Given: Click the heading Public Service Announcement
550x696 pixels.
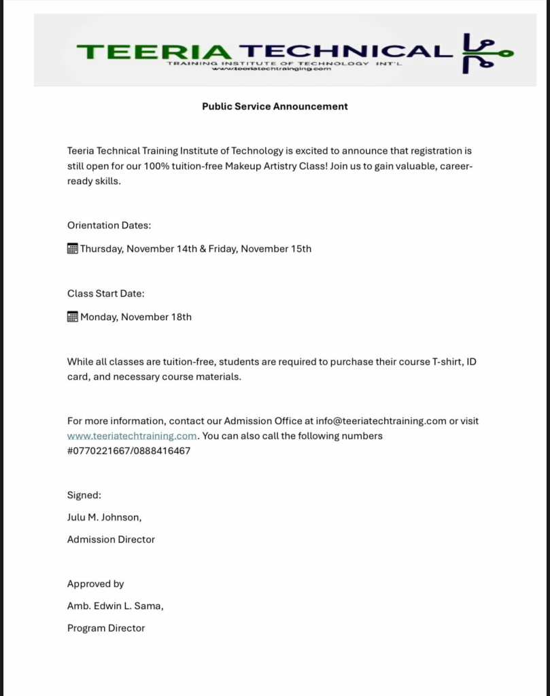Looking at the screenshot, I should (x=275, y=106).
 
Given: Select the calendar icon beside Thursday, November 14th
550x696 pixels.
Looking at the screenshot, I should (x=73, y=249).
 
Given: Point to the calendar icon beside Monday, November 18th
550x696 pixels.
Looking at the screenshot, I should (x=73, y=317).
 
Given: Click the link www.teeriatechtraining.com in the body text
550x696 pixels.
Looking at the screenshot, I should (x=132, y=436).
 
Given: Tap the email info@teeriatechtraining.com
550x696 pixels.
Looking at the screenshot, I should (x=381, y=421).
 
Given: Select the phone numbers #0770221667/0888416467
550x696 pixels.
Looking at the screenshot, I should (x=128, y=451).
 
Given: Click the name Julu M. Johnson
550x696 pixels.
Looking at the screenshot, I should (x=104, y=517).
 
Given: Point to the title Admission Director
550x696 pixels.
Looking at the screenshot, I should (x=111, y=540).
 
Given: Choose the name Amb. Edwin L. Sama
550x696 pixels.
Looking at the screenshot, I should (x=115, y=606).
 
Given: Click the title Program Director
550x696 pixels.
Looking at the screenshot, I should (x=106, y=629).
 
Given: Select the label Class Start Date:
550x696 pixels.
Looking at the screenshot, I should (x=105, y=294).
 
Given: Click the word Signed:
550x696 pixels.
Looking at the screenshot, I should (x=84, y=495).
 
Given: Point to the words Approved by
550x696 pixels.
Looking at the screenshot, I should (x=95, y=584).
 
